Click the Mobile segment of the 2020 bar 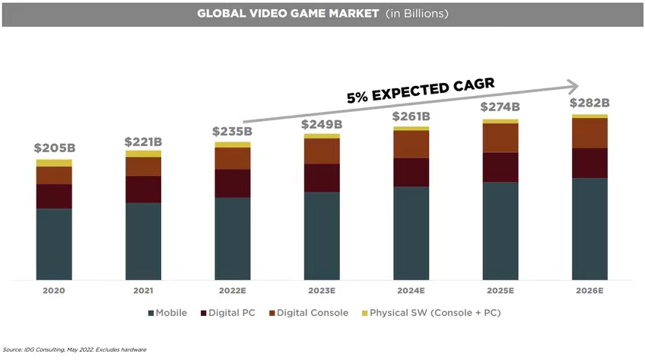pyautogui.click(x=54, y=244)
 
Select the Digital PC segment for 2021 pyautogui.click(x=143, y=189)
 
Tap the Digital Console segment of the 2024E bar pyautogui.click(x=411, y=144)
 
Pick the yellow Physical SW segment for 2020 pyautogui.click(x=54, y=163)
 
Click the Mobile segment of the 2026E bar pyautogui.click(x=589, y=228)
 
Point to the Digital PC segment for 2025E pyautogui.click(x=500, y=167)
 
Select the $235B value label pyautogui.click(x=232, y=132)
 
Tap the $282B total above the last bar pyautogui.click(x=589, y=104)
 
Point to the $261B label pyautogui.click(x=411, y=116)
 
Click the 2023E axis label pyautogui.click(x=322, y=291)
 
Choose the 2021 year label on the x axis pyautogui.click(x=143, y=291)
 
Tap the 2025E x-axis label pyautogui.click(x=500, y=291)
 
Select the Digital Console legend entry pyautogui.click(x=307, y=313)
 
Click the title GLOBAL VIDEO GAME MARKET pyautogui.click(x=288, y=14)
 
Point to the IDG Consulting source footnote pyautogui.click(x=74, y=349)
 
